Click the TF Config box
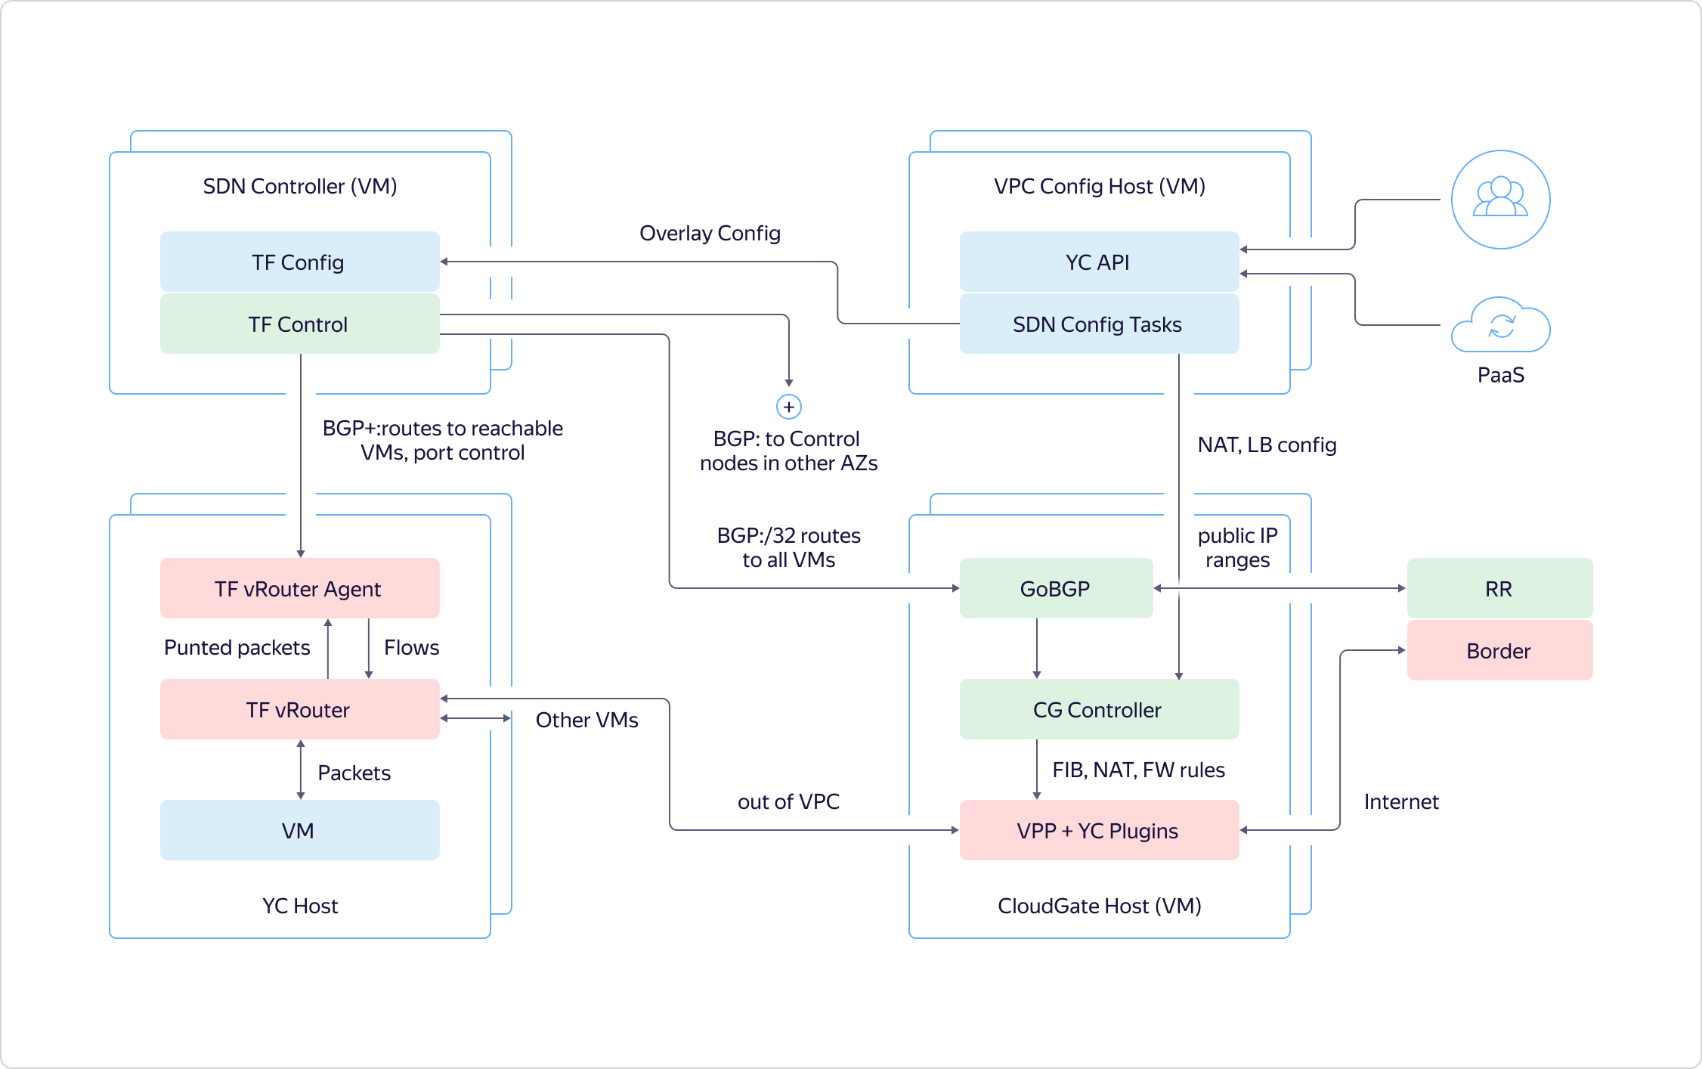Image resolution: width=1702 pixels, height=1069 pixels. tap(299, 262)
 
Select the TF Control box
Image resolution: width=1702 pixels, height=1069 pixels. tap(299, 324)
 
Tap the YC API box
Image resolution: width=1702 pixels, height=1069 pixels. tap(1098, 262)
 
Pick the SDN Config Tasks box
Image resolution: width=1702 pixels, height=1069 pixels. tap(1098, 324)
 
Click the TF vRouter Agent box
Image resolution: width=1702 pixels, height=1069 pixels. tap(299, 588)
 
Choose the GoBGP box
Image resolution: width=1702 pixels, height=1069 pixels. tap(1056, 588)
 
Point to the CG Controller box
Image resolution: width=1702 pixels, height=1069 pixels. tap(1098, 709)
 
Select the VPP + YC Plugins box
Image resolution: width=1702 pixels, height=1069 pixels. tap(1098, 830)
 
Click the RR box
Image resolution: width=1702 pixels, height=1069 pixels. tap(1499, 588)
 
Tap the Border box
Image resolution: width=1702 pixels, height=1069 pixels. tap(1499, 650)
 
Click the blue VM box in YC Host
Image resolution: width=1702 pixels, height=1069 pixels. tap(299, 830)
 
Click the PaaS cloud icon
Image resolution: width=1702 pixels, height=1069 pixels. tap(1501, 326)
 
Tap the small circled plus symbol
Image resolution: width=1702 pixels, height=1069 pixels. tap(789, 407)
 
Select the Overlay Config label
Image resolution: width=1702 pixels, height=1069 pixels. tap(710, 233)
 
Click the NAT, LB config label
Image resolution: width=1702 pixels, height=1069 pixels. tap(1267, 445)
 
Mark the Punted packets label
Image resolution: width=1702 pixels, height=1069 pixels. tap(237, 647)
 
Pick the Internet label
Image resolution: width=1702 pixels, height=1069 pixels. tap(1401, 801)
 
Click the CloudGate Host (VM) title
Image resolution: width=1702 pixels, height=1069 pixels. tap(1099, 906)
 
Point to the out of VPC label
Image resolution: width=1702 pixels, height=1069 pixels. tap(788, 801)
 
